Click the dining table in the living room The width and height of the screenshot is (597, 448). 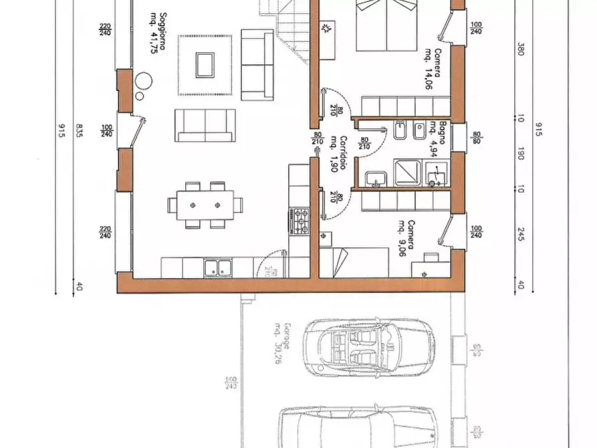pos(205,205)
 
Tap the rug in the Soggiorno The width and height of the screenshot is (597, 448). pos(205,65)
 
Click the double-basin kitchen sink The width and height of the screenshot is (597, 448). pos(217,267)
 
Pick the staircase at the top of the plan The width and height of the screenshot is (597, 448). pos(284,30)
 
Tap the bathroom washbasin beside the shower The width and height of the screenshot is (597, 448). pos(376,179)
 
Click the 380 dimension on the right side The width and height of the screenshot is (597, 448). pos(520,49)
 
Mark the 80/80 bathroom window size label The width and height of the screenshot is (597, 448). pos(477,137)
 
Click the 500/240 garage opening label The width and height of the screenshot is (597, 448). pos(229,382)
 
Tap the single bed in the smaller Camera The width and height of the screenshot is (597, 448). pos(354,262)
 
